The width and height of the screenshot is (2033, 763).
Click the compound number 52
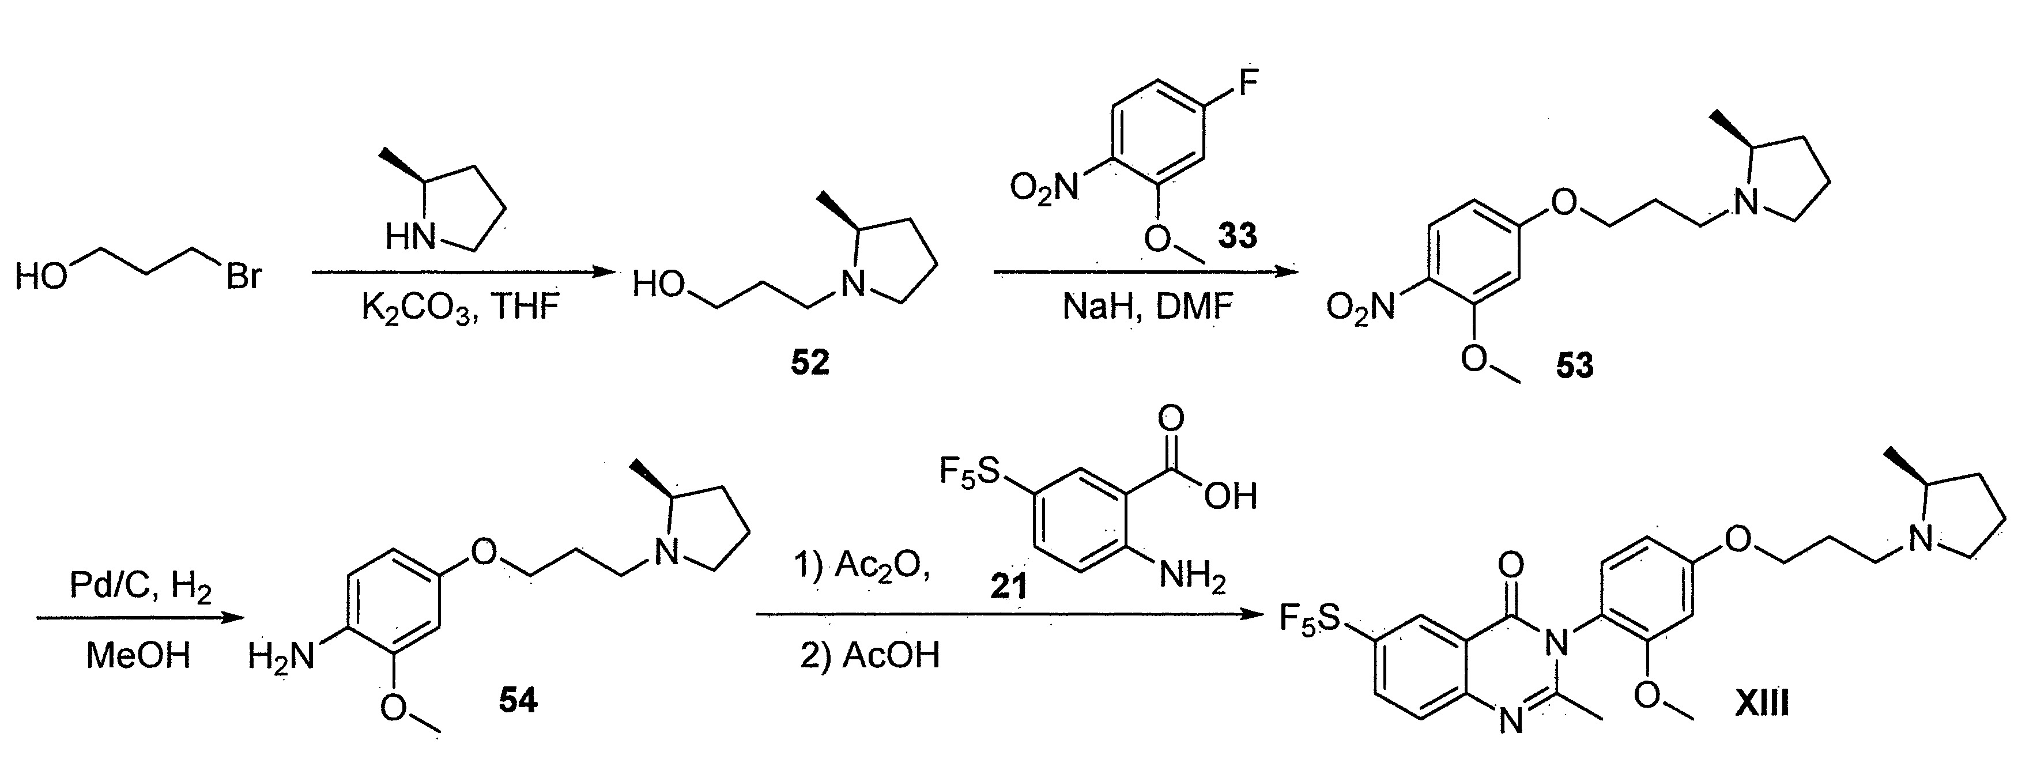(810, 363)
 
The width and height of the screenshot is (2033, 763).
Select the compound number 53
(1575, 365)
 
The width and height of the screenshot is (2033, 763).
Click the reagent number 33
(1237, 235)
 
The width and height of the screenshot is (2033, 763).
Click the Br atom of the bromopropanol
(243, 277)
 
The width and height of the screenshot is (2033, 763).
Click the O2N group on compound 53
(1360, 307)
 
